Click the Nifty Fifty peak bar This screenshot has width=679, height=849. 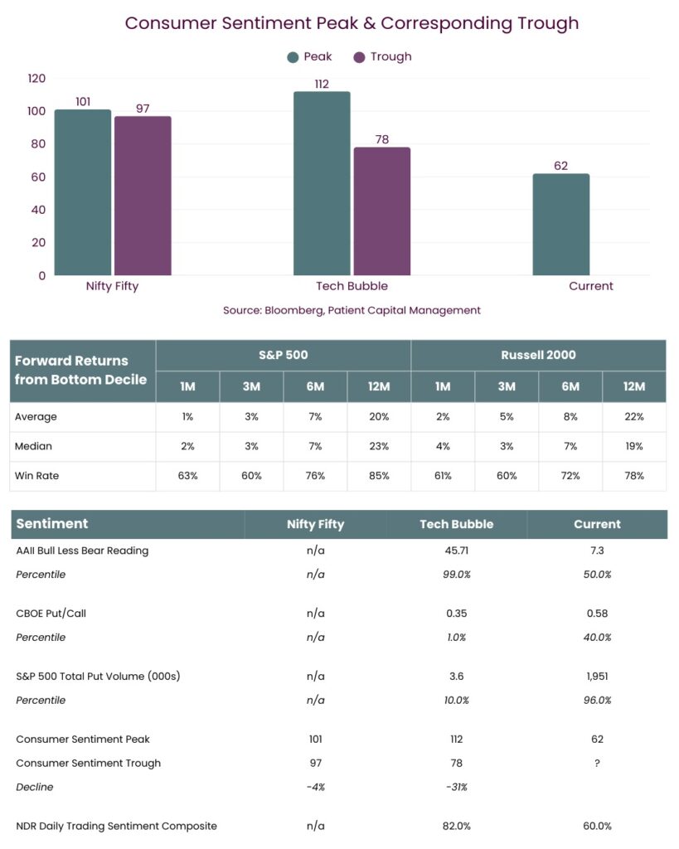pos(83,192)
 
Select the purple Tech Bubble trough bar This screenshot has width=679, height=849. pos(381,211)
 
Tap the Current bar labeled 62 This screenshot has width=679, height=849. pos(561,224)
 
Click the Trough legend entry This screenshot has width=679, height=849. pos(382,57)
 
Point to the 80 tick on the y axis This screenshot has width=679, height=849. pos(38,144)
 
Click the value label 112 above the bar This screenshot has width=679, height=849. pos(322,84)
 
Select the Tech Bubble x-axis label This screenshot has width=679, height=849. pos(352,286)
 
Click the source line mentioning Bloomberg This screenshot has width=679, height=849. pos(352,310)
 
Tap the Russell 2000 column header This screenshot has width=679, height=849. pos(538,355)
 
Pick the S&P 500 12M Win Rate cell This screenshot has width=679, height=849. pos(379,476)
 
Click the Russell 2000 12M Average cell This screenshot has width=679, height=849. pos(634,417)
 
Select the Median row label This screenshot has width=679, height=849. pos(33,446)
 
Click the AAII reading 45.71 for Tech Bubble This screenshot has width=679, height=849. pos(457,551)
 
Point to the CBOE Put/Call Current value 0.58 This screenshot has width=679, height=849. pos(597,614)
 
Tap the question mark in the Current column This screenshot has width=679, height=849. pos(597,763)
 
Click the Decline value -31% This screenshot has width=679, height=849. pos(457,787)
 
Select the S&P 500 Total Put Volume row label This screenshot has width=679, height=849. pos(98,677)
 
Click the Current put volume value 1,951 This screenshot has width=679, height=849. pos(597,677)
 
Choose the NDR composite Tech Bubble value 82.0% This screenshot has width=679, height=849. pos(457,827)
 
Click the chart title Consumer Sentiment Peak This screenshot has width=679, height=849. pos(241,23)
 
